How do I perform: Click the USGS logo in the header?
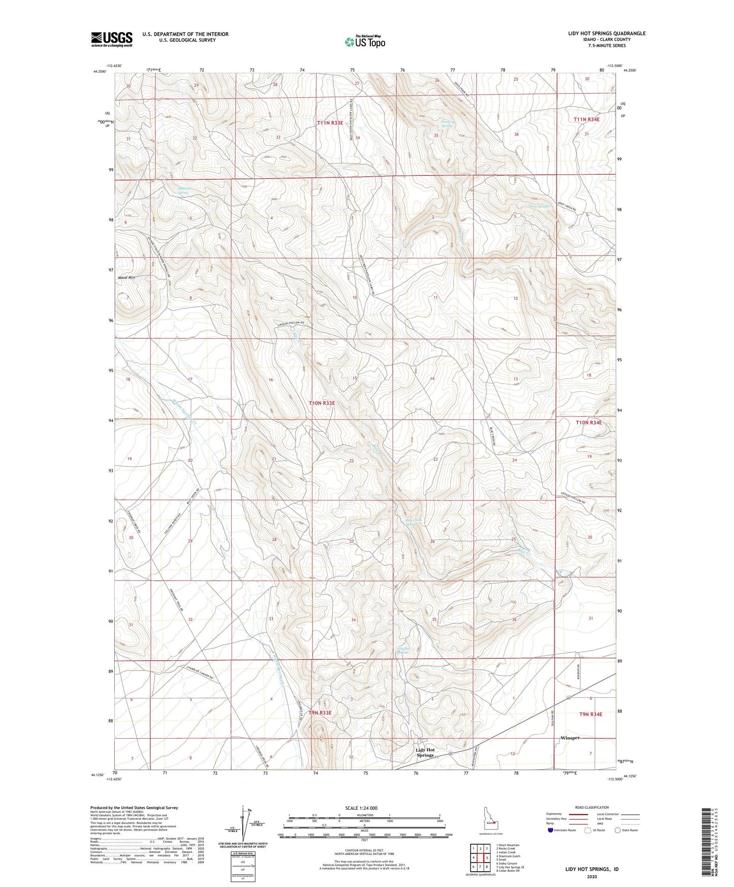click(x=111, y=39)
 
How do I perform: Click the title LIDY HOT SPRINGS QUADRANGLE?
click(x=607, y=34)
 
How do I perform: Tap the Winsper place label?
click(x=569, y=738)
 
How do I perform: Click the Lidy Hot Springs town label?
click(x=425, y=752)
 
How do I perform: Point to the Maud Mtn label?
click(x=126, y=278)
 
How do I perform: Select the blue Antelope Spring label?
click(x=183, y=191)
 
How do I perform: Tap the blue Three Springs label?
click(x=538, y=207)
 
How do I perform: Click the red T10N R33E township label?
click(x=322, y=403)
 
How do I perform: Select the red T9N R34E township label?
click(x=590, y=714)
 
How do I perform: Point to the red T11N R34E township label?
click(x=586, y=119)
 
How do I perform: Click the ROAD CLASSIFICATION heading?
click(x=592, y=807)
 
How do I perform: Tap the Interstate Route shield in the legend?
click(x=552, y=830)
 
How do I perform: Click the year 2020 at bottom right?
click(x=592, y=876)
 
